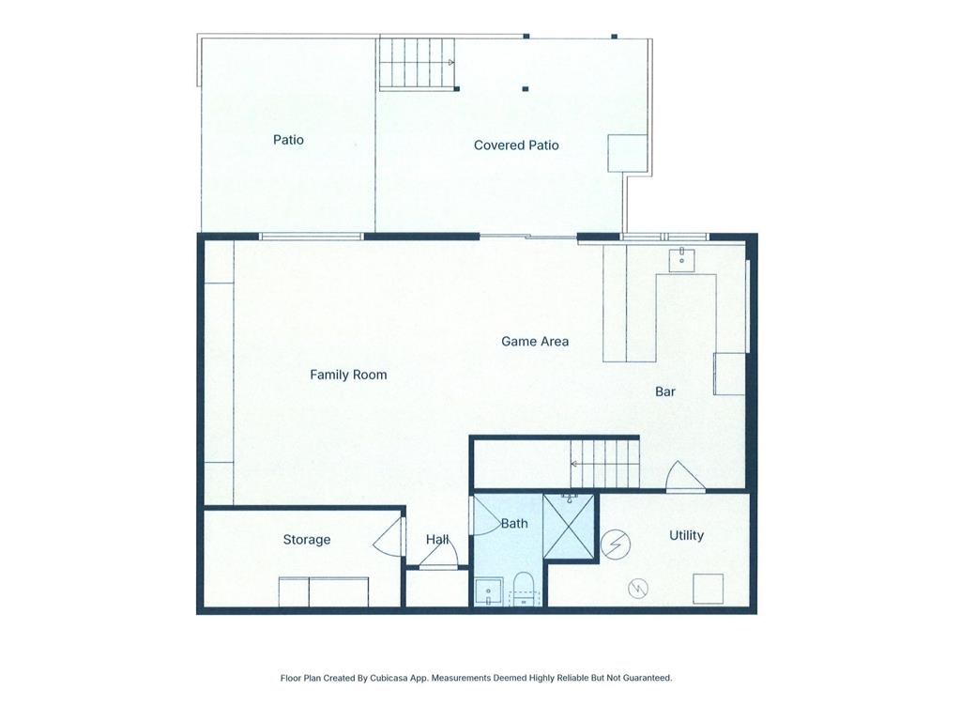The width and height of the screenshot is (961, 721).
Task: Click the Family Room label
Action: pos(348,375)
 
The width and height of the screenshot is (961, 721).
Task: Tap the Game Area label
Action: pos(534,342)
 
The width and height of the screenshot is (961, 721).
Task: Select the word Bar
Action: pos(665,391)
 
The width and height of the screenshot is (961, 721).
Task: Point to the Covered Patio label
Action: pos(516,146)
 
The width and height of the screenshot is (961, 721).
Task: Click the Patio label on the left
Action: pos(288,140)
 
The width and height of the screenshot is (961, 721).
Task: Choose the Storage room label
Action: pos(307,540)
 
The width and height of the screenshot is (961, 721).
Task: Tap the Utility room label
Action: pos(686,535)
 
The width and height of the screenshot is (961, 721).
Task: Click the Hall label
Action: pos(437,540)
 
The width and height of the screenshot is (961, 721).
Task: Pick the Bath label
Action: pos(514,524)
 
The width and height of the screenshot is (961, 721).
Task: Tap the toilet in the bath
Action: pos(523,590)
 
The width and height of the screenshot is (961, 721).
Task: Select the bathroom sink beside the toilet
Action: pos(488,592)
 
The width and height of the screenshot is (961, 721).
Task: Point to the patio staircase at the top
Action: pos(418,63)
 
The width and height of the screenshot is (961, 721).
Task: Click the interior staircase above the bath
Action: pos(604,463)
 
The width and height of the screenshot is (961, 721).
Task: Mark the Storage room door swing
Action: pos(388,540)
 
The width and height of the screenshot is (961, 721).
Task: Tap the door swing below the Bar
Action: pos(684,478)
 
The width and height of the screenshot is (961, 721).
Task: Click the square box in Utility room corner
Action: pos(708,589)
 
